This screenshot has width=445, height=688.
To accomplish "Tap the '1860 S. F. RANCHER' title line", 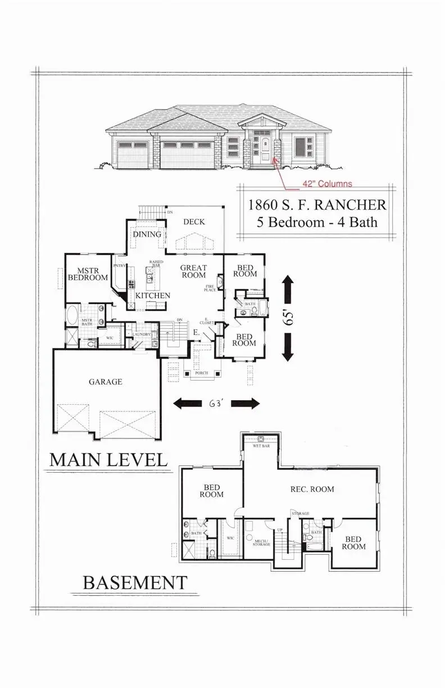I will (317, 204).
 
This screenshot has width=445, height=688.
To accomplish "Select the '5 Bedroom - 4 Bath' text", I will (317, 221).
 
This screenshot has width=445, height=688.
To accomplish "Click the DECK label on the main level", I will (194, 222).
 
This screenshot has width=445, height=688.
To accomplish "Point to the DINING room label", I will (147, 234).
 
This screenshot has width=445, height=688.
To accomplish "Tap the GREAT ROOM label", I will (194, 271).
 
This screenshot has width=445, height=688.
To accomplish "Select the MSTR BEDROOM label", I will (88, 274).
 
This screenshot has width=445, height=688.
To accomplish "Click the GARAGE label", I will (105, 381).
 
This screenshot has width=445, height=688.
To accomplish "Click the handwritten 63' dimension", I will (215, 403).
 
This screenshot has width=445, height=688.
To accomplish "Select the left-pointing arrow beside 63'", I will (187, 403).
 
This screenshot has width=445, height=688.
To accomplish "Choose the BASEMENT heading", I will (135, 582).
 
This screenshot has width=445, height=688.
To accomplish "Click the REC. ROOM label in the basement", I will (312, 489).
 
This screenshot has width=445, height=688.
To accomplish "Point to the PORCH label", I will (199, 372).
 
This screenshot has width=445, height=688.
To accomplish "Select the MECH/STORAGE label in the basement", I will (261, 542).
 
